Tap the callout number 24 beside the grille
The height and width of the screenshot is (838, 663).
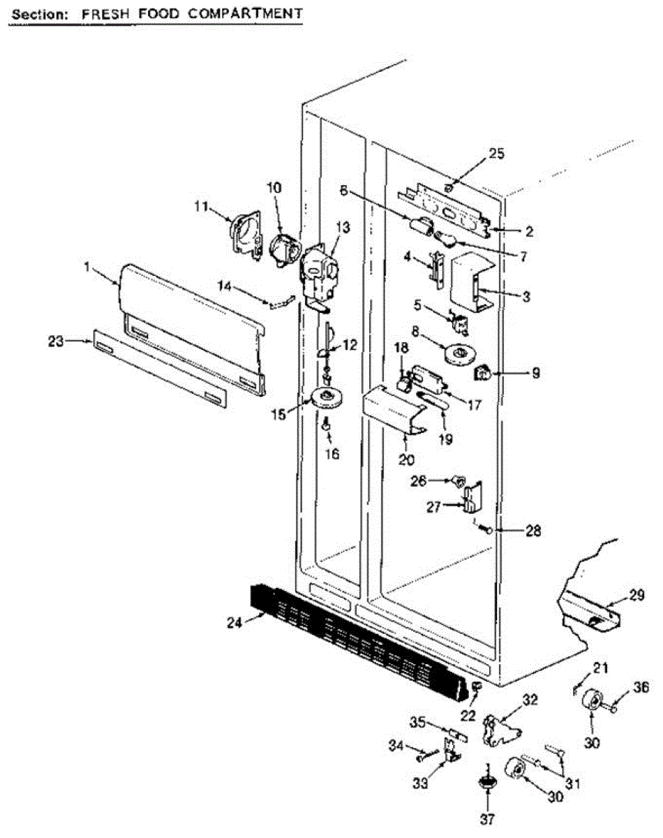(235, 622)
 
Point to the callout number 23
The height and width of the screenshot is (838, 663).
(56, 341)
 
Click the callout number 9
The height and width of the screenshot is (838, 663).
(535, 373)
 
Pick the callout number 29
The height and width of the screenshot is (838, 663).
(636, 596)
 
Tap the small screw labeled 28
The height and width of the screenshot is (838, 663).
(486, 531)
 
